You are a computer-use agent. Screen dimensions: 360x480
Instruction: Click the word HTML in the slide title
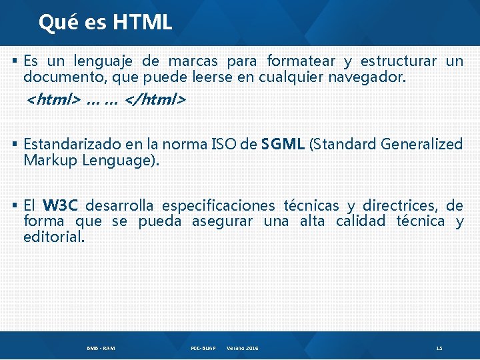143,23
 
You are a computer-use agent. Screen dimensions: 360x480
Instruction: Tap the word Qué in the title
53,23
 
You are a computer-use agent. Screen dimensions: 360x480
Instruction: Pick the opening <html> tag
53,100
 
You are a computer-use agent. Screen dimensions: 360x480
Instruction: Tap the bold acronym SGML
283,144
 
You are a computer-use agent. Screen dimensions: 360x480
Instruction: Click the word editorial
53,237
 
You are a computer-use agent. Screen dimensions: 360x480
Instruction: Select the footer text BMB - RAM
101,348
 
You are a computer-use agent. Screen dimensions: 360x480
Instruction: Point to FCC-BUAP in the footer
203,348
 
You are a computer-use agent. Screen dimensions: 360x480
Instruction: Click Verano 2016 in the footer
243,348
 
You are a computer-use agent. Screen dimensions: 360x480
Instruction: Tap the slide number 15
439,348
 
